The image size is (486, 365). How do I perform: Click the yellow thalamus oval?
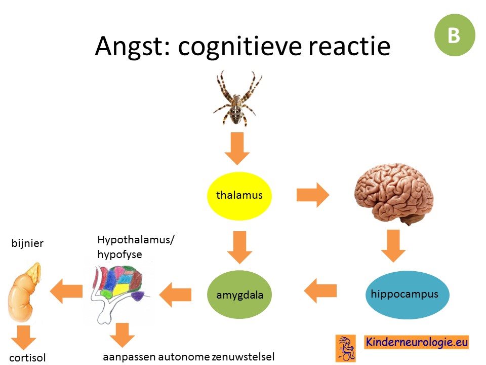(x=239, y=196)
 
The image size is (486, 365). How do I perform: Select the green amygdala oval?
(x=239, y=294)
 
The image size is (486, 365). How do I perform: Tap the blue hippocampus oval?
(x=407, y=295)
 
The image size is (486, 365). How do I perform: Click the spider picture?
(x=237, y=98)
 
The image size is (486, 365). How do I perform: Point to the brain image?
(x=394, y=193)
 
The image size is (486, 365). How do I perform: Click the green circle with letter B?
(x=455, y=35)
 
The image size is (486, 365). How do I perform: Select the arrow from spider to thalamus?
(x=237, y=149)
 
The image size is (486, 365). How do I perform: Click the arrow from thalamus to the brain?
(x=313, y=195)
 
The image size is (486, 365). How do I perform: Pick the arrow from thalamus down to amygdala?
(x=239, y=247)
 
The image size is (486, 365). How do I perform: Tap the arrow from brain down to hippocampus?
(x=393, y=246)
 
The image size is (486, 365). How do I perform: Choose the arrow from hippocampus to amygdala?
(x=320, y=290)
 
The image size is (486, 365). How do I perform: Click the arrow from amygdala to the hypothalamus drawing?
(x=175, y=295)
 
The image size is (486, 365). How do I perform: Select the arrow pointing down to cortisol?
(x=24, y=338)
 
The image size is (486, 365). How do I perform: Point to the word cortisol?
(x=27, y=357)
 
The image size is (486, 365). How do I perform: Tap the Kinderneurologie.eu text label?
(x=416, y=342)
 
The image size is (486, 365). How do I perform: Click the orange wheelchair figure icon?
(x=346, y=349)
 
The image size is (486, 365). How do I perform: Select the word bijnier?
(x=27, y=243)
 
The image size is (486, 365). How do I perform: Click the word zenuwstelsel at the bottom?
(x=244, y=356)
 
